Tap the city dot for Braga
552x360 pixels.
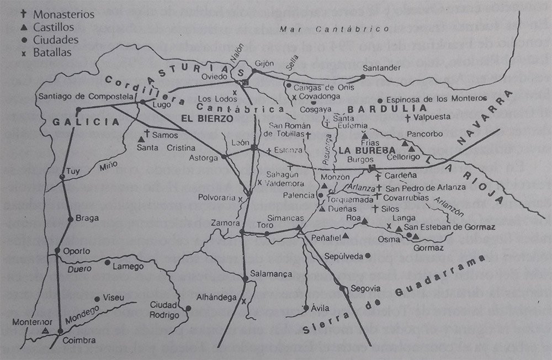point(70,219)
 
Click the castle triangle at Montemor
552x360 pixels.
point(45,331)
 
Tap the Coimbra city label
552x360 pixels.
point(78,341)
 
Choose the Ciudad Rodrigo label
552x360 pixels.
point(165,310)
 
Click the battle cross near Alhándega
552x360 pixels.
point(243,301)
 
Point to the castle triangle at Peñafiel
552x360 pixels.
point(346,236)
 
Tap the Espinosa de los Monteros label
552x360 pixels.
point(436,99)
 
